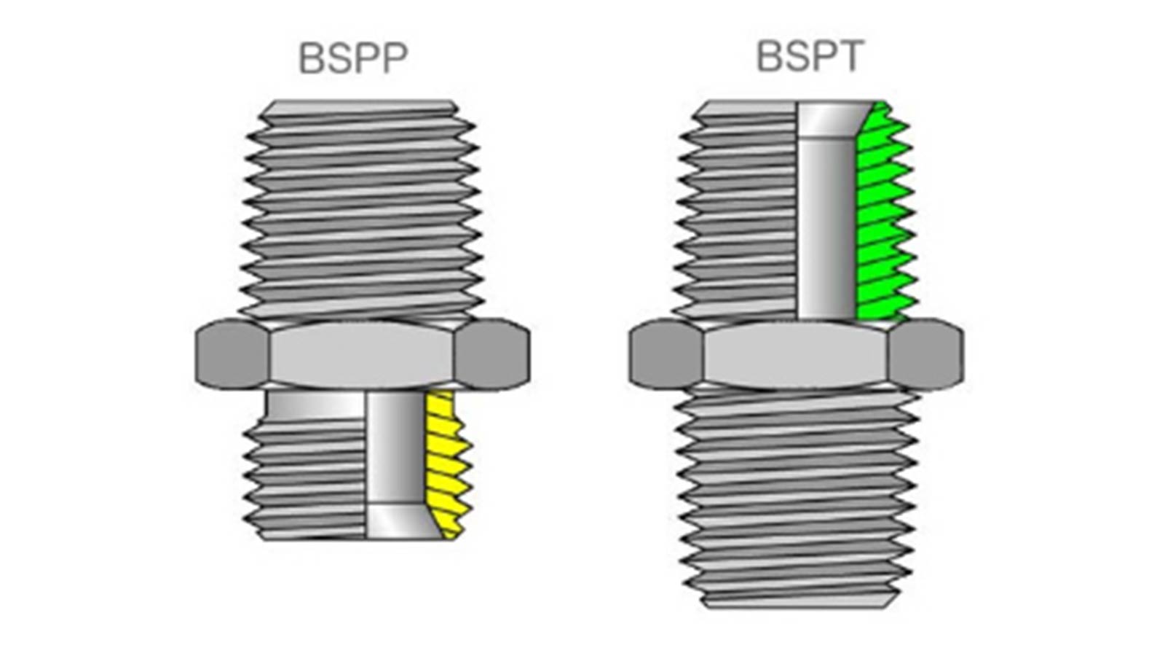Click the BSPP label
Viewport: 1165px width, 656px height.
point(353,58)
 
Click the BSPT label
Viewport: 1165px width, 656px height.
point(810,57)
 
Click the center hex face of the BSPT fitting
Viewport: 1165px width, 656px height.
point(795,356)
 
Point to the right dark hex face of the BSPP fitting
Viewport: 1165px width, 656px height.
point(492,354)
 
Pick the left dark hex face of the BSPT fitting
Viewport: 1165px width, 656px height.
point(665,355)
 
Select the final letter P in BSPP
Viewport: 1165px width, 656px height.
point(392,58)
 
